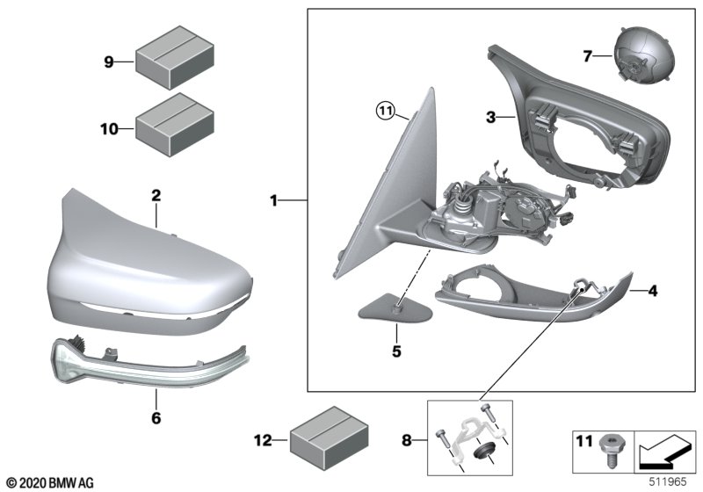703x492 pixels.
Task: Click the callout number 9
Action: click(x=108, y=61)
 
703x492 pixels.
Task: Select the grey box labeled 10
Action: click(x=175, y=125)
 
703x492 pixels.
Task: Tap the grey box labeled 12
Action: click(x=330, y=438)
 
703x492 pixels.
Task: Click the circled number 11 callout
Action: click(x=385, y=110)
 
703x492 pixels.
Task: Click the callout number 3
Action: click(x=491, y=118)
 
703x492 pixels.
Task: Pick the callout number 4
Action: click(x=653, y=292)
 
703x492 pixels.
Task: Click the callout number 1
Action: click(x=273, y=200)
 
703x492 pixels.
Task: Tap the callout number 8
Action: click(x=406, y=441)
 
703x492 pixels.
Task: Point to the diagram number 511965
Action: click(x=668, y=481)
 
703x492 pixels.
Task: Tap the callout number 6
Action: click(x=156, y=418)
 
